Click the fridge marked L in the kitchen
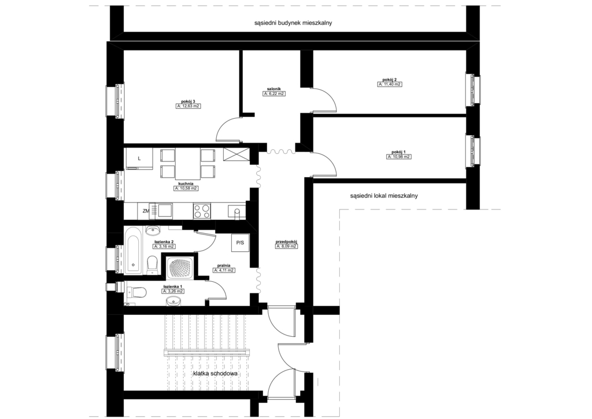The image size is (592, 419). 139,159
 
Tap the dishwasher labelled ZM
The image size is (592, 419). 146,211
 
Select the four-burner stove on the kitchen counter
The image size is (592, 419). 202,211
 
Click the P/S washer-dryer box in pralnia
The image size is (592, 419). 240,242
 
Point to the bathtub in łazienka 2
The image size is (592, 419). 134,250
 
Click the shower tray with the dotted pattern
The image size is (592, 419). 179,269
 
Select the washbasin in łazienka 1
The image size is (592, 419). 173,300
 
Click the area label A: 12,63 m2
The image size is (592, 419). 188,106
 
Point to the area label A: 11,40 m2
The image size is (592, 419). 390,84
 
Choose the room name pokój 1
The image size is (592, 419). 399,152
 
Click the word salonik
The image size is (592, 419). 273,89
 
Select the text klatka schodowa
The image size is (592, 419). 215,374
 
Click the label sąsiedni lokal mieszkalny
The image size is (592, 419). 384,196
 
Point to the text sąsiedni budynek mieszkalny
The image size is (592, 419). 293,23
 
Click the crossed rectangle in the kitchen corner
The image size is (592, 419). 236,155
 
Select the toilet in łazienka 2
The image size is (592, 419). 152,263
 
